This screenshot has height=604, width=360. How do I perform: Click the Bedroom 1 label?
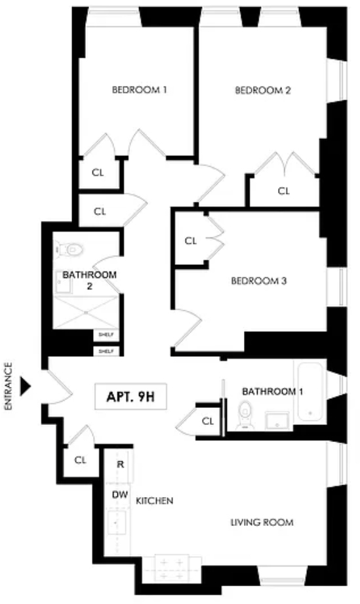(140, 90)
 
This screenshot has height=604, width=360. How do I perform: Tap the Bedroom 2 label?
(263, 90)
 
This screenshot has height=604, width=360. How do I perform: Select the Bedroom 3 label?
(259, 281)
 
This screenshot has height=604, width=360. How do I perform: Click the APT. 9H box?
(131, 396)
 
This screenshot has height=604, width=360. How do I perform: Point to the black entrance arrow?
(26, 386)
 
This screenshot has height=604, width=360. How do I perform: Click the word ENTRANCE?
(9, 386)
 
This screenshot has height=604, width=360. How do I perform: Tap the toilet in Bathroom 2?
(70, 249)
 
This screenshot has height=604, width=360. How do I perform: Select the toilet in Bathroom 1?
(244, 415)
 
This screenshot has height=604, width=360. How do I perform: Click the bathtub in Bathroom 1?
(310, 392)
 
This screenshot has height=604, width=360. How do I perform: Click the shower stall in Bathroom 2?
(85, 312)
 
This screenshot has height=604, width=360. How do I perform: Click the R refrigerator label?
(121, 464)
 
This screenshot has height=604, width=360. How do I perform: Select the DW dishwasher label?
(120, 495)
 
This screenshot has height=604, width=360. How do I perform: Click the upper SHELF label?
(106, 334)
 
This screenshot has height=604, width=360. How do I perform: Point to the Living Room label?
(262, 522)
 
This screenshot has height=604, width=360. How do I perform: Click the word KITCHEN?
(154, 501)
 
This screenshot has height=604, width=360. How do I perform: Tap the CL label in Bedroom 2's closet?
(284, 191)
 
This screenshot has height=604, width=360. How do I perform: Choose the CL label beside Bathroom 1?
(208, 422)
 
